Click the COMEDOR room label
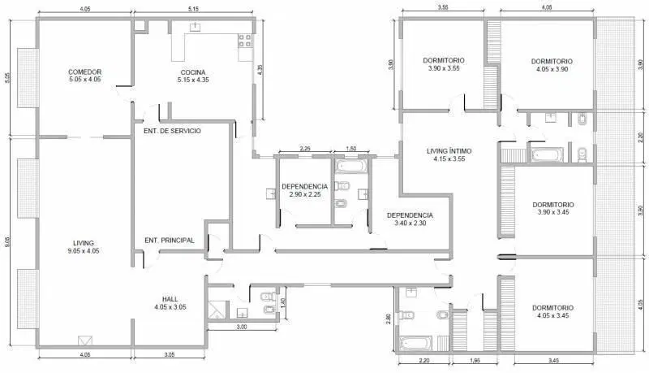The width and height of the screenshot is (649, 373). (x=85, y=76)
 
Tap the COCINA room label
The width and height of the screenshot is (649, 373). (x=193, y=76)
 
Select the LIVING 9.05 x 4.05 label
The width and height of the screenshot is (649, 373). (x=84, y=246)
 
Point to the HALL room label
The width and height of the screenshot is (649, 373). (x=170, y=303)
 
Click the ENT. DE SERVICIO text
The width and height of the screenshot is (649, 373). (x=172, y=131)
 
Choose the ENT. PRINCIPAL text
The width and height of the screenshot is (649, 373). (x=170, y=241)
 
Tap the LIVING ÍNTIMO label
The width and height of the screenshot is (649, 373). (x=449, y=154)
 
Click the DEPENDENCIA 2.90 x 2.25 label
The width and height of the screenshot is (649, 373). (x=305, y=190)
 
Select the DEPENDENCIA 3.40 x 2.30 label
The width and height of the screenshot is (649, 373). (x=410, y=219)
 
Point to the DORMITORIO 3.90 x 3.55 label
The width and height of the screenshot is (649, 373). (x=444, y=64)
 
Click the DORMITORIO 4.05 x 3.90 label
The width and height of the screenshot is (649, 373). (x=552, y=65)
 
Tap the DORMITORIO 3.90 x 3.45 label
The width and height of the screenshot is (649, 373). (x=553, y=208)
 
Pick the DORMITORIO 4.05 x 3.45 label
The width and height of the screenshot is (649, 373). (x=552, y=311)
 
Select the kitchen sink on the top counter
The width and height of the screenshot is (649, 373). (x=195, y=28)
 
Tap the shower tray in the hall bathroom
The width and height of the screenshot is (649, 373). (x=215, y=310)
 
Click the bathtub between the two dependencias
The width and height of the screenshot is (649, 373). (x=350, y=167)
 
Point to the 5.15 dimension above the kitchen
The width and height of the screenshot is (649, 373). (x=193, y=9)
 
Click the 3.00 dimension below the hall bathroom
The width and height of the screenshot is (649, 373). (x=242, y=327)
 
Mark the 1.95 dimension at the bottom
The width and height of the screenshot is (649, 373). (x=475, y=361)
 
